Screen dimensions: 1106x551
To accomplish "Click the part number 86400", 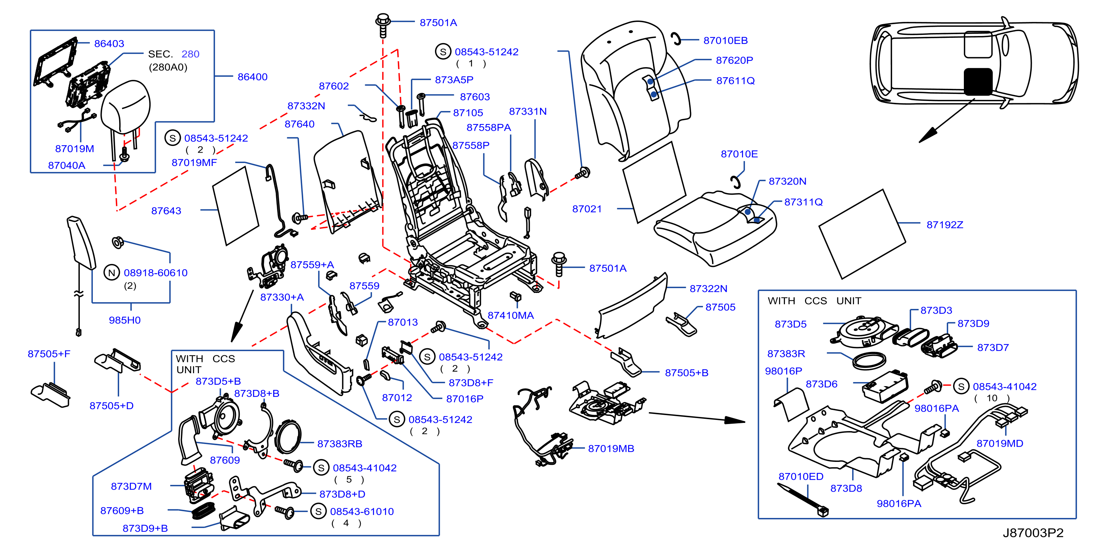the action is (x=252, y=77).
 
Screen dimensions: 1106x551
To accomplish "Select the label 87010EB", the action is (x=726, y=40).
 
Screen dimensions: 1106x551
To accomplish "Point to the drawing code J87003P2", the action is (x=1033, y=532).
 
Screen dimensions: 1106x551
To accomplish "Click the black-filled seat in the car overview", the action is (x=978, y=82).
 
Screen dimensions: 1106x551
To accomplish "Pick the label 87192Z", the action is (x=945, y=225).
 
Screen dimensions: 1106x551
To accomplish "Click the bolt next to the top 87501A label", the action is (x=383, y=25).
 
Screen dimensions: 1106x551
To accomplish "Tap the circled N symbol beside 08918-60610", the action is (x=112, y=272).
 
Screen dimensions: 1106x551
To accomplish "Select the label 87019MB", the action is (x=611, y=449).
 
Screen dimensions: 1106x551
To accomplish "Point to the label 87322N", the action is (x=709, y=288).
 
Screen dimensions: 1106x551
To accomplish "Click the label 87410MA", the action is (x=510, y=315).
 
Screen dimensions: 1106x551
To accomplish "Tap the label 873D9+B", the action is (x=145, y=528).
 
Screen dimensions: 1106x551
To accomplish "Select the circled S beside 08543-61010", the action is (x=318, y=511).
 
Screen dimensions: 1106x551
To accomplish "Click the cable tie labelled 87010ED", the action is (x=802, y=499).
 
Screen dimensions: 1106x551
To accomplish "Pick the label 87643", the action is (x=166, y=211).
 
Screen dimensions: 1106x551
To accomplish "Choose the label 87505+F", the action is (x=49, y=354).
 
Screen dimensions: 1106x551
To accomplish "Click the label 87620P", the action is (x=734, y=60).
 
